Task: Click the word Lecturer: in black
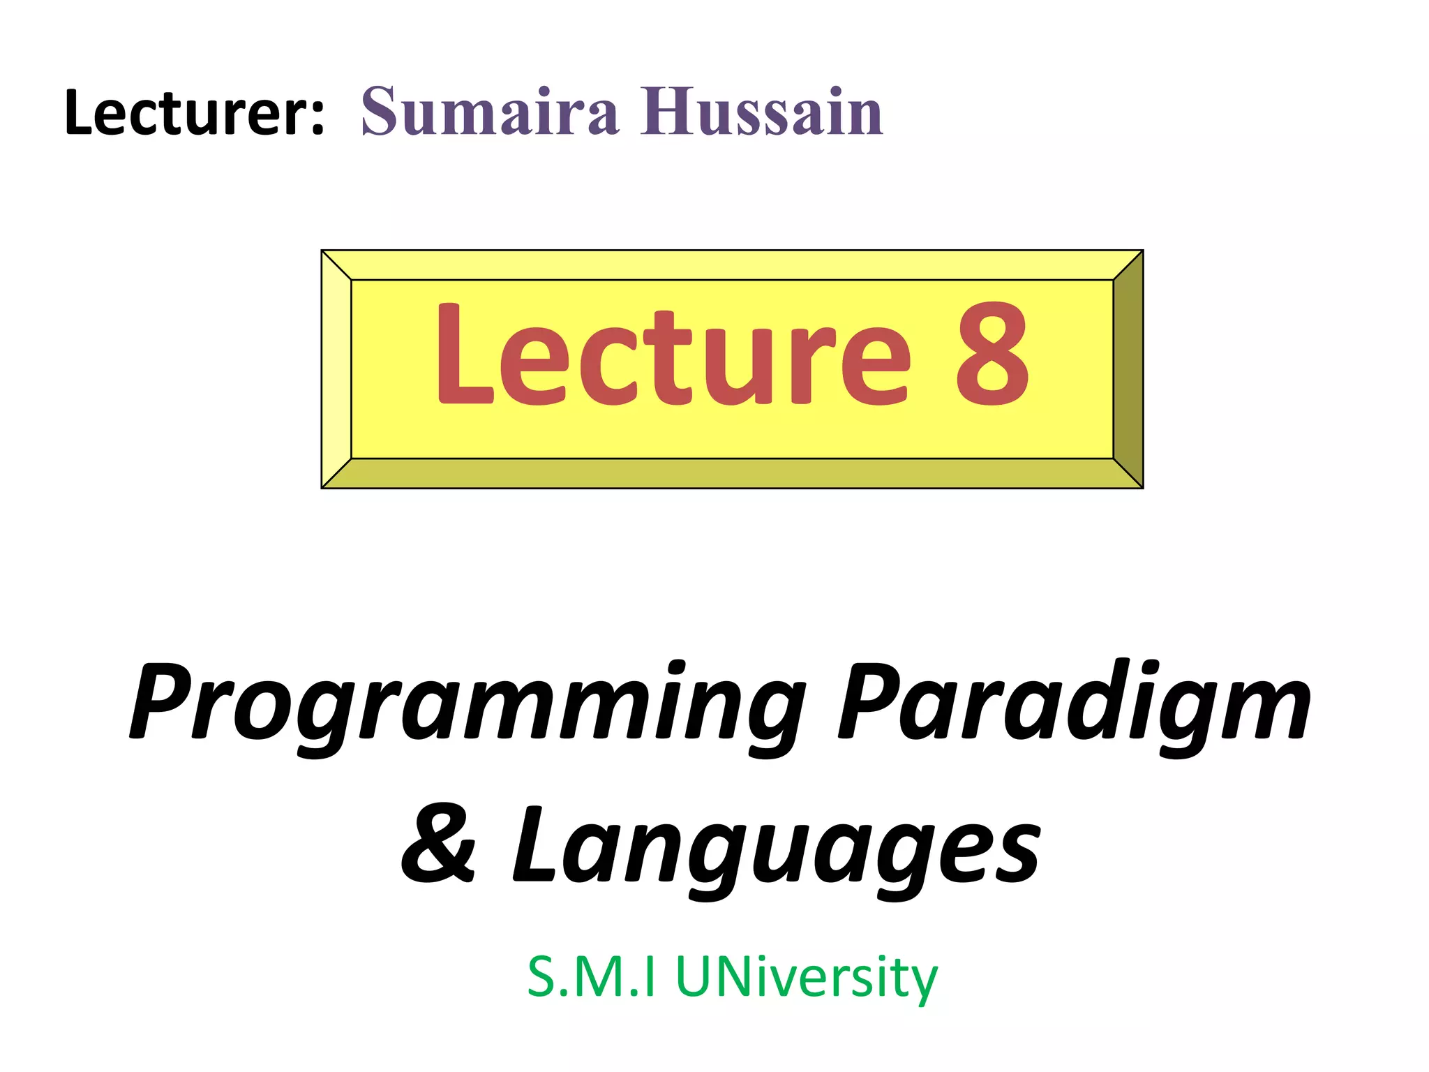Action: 194,113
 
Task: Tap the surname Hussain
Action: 761,112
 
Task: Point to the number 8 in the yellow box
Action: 992,355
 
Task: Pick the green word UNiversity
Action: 807,978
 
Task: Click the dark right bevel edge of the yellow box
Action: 1128,368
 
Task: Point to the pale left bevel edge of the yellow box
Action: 336,368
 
